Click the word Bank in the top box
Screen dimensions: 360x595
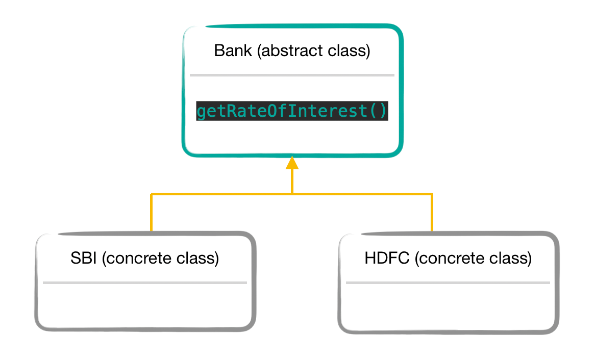(x=233, y=51)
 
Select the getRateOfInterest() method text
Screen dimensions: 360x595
(x=292, y=111)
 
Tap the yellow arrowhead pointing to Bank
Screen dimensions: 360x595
(x=292, y=163)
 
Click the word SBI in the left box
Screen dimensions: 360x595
(x=84, y=258)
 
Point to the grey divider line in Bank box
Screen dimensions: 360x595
(x=292, y=75)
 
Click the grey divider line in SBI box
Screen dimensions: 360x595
(x=145, y=282)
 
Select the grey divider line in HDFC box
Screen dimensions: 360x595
(x=448, y=282)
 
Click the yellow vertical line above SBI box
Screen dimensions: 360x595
(x=152, y=213)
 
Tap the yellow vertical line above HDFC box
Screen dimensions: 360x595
(x=432, y=213)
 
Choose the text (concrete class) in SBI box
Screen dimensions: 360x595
(x=160, y=258)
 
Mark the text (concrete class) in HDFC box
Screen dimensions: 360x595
(x=473, y=258)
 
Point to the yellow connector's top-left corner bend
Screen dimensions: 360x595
(x=152, y=194)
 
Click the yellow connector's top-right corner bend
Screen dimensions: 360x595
(x=432, y=194)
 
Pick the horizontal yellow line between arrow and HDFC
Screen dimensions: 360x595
(x=362, y=194)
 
